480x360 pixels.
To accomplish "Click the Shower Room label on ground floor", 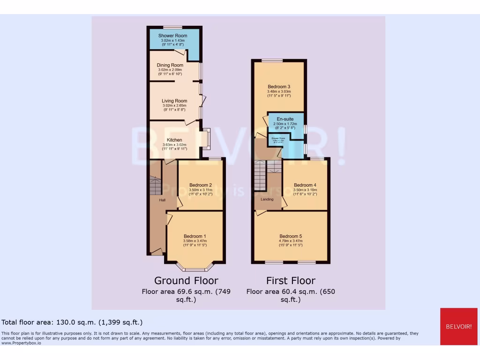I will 172,36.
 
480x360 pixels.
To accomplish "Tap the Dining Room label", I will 170,65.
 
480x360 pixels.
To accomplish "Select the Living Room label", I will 174,101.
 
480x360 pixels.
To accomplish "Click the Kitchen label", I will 174,140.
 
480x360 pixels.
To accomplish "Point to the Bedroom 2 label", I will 201,185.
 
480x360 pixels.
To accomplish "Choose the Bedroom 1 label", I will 195,236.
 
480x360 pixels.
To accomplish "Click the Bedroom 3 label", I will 279,87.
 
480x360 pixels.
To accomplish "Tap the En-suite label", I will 285,120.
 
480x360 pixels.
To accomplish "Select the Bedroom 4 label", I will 305,185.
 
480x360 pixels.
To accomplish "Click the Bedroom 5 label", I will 291,236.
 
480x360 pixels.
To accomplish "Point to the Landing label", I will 267,199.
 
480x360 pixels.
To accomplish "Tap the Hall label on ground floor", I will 162,200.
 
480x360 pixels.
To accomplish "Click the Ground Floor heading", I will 186,281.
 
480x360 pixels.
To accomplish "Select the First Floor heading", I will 291,281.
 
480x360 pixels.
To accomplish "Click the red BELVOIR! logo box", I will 458,326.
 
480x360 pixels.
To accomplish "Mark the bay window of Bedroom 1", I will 195,268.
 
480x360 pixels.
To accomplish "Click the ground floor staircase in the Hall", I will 155,186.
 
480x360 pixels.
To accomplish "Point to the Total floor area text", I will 72,322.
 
